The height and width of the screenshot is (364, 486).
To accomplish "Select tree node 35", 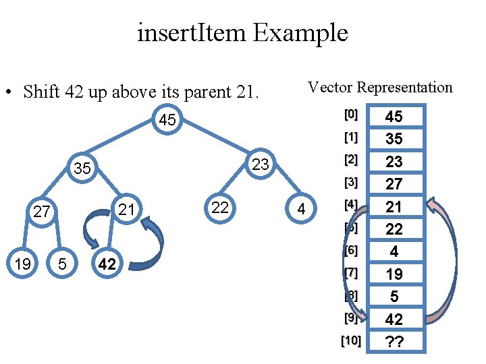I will [x=82, y=169].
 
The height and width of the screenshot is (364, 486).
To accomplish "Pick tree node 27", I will [x=42, y=212].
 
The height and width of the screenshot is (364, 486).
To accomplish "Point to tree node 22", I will [x=219, y=208].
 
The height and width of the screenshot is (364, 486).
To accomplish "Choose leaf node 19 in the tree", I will [x=22, y=264].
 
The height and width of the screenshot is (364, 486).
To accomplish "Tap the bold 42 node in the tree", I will [x=107, y=264].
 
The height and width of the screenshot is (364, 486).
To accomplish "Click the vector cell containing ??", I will [x=394, y=342].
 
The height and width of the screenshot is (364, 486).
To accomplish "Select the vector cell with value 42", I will [x=394, y=319].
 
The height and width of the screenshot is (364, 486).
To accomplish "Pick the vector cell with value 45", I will [x=394, y=117].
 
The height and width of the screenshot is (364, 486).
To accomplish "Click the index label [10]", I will [x=350, y=341].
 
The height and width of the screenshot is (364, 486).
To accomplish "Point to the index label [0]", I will [x=350, y=115].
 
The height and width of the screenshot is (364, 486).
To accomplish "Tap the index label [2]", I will [x=350, y=160].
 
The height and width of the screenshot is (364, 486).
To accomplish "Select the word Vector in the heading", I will [x=331, y=87].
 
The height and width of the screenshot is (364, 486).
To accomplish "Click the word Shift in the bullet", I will [x=42, y=92].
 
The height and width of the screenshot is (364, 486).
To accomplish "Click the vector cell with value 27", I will [x=394, y=184].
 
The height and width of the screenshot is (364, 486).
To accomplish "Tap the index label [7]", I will [x=350, y=273].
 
